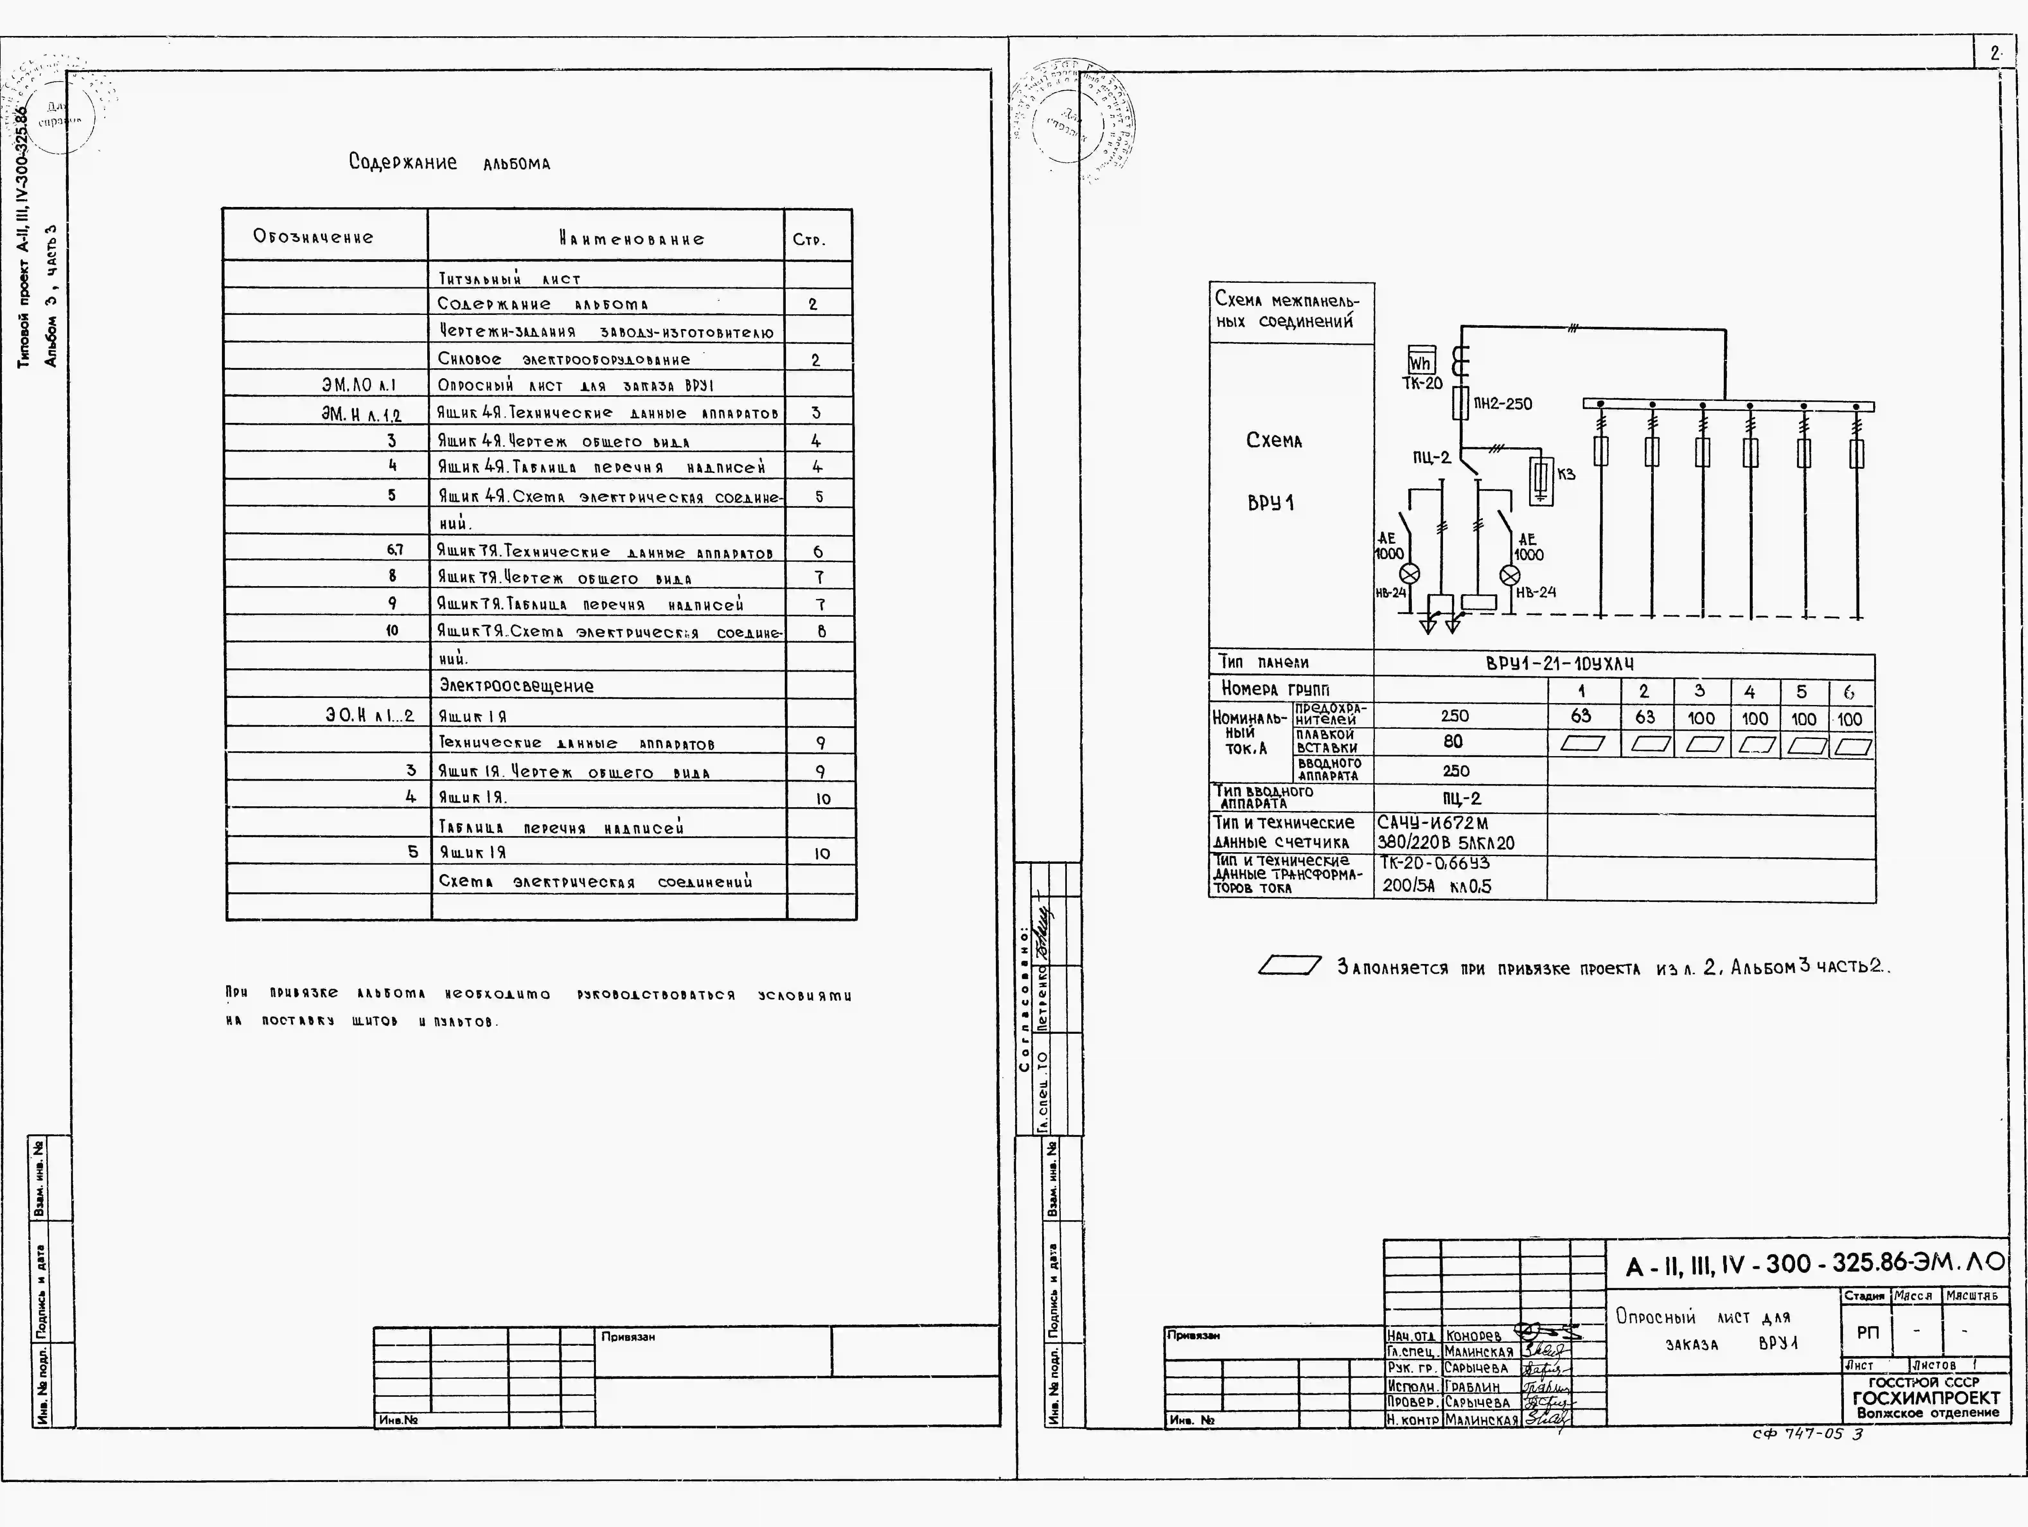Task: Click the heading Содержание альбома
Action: (x=449, y=163)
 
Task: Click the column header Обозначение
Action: (x=314, y=237)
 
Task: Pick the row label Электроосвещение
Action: (x=516, y=686)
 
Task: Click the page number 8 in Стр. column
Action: (x=821, y=631)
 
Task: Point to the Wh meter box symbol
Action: (x=1420, y=362)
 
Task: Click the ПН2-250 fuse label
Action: (x=1503, y=404)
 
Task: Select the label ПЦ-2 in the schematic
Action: (x=1431, y=457)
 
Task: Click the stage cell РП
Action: (x=1868, y=1333)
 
